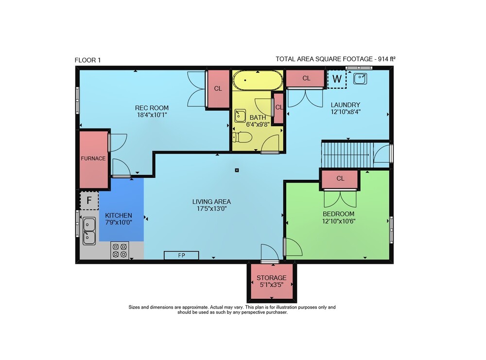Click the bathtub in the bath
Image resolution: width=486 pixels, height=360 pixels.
click(x=258, y=80)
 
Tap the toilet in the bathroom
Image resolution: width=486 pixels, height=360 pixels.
click(x=242, y=137)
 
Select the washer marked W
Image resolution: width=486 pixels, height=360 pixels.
click(x=337, y=79)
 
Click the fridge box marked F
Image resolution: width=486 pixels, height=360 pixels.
click(x=89, y=201)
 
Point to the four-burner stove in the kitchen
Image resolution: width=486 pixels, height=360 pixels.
click(x=120, y=250)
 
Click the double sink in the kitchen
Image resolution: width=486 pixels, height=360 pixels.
click(x=89, y=231)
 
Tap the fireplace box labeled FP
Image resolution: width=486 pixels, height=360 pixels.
click(x=181, y=255)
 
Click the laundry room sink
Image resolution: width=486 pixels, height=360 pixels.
click(x=360, y=78)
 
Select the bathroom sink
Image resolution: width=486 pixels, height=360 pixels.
click(x=240, y=116)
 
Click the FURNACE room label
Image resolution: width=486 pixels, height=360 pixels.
click(x=93, y=158)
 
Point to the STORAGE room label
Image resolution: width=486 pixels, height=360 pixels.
click(x=271, y=278)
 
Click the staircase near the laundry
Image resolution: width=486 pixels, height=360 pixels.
click(x=348, y=154)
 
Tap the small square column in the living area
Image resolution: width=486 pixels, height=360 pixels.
click(x=237, y=170)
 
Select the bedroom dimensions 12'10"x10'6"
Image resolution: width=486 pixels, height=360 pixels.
click(x=338, y=221)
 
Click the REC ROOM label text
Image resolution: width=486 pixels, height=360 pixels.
click(x=152, y=108)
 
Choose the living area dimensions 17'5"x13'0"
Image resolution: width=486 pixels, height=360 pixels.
click(x=212, y=209)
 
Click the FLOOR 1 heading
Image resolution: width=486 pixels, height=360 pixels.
click(x=87, y=60)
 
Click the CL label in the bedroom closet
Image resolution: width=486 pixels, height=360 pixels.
click(x=340, y=178)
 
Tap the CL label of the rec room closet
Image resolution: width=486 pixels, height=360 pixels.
click(x=218, y=88)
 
